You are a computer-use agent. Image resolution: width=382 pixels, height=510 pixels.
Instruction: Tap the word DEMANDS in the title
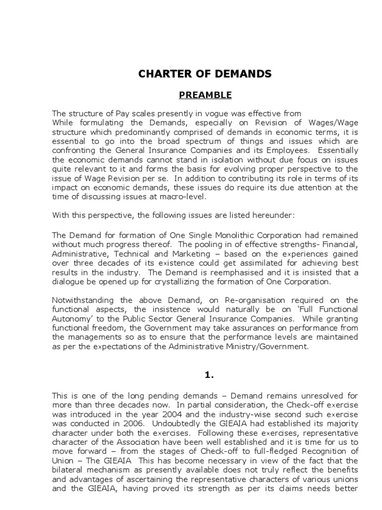244,74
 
